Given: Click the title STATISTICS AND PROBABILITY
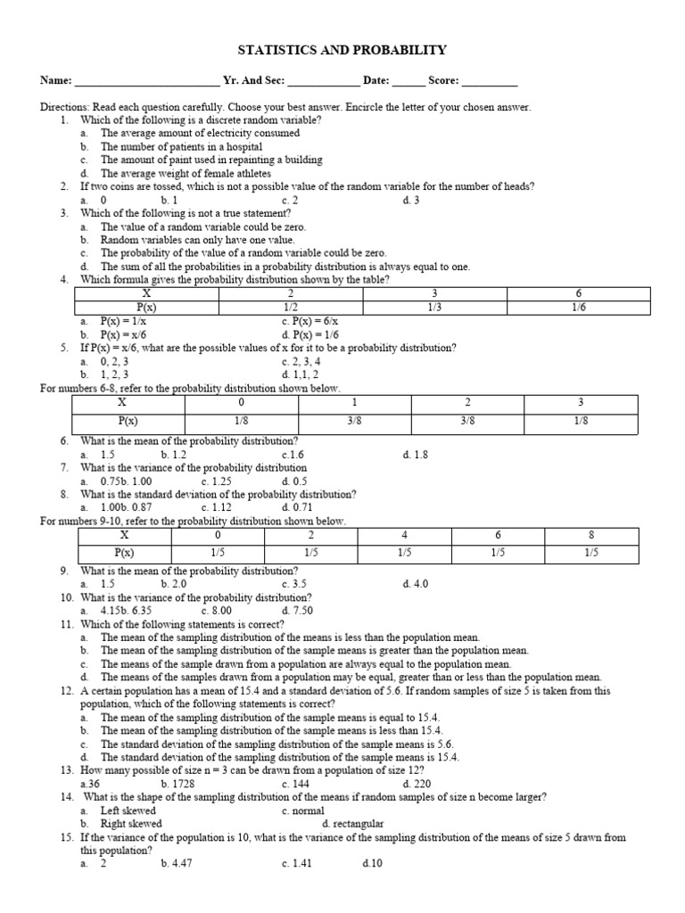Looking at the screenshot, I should click(x=342, y=51).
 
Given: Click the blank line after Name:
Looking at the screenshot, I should click(x=147, y=82).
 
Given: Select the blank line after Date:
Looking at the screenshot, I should click(x=409, y=82).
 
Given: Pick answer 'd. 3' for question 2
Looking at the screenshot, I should click(x=411, y=201).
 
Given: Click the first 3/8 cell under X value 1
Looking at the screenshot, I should click(x=354, y=420).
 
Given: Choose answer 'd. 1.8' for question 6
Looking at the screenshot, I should click(x=416, y=455).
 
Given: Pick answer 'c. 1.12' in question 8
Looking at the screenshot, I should click(x=217, y=508).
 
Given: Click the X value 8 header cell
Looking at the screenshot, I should click(x=591, y=535).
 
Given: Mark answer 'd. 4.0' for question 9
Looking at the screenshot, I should click(x=416, y=584).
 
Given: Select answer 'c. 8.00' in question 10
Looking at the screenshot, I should click(x=217, y=611).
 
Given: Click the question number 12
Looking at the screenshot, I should click(x=67, y=691).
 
